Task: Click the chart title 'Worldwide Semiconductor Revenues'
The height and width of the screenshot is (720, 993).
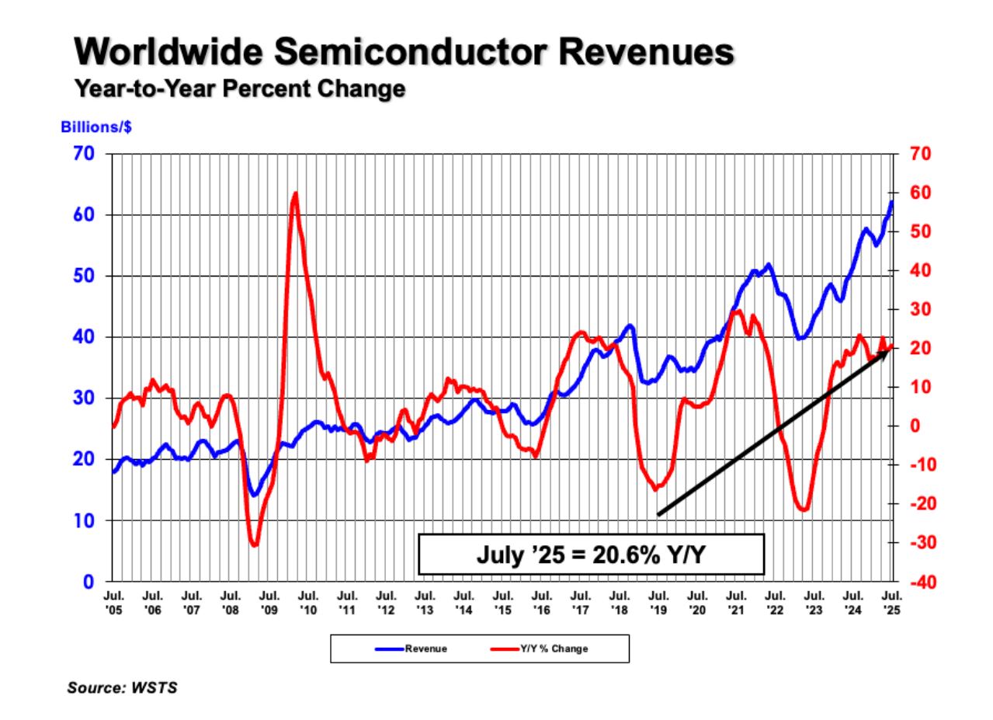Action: [x=404, y=53]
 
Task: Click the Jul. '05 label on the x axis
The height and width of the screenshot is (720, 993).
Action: [x=113, y=603]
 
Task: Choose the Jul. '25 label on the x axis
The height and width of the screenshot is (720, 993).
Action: [x=892, y=603]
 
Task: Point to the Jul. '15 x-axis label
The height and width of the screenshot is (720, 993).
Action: [x=502, y=603]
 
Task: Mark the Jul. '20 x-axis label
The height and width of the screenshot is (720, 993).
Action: [x=697, y=603]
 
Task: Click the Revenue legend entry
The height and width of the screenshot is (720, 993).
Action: [x=411, y=648]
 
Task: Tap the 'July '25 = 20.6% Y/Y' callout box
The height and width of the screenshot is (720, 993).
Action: [x=592, y=555]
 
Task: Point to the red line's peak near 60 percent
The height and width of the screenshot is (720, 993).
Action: [x=295, y=193]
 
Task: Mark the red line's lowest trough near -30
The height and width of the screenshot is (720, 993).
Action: [x=254, y=545]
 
